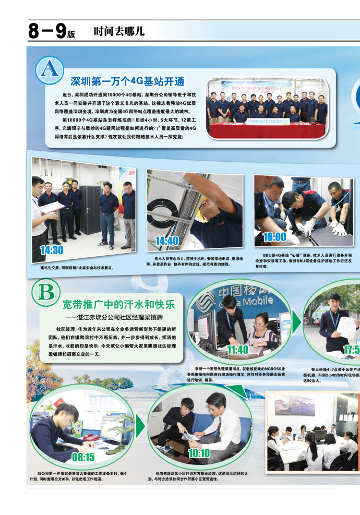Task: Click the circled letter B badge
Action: pyautogui.click(x=46, y=293)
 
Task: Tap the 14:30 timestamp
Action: pyautogui.click(x=52, y=250)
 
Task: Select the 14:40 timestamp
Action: pyautogui.click(x=167, y=241)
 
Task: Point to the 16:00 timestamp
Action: pyautogui.click(x=274, y=236)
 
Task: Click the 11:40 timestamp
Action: pyautogui.click(x=238, y=350)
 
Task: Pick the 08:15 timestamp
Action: pyautogui.click(x=83, y=457)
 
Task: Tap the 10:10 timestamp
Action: pyautogui.click(x=199, y=453)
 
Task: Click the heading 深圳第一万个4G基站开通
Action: pyautogui.click(x=127, y=81)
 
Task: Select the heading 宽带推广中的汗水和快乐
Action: pyautogui.click(x=118, y=304)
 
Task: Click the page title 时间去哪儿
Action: pyautogui.click(x=119, y=31)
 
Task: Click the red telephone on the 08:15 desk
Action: pyautogui.click(x=92, y=437)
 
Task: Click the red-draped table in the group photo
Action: pyautogui.click(x=267, y=130)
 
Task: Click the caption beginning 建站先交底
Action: pyautogui.click(x=77, y=268)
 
